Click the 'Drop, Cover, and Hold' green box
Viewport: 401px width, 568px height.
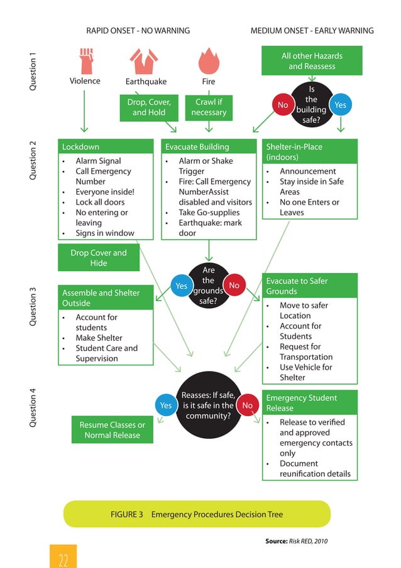click(149, 107)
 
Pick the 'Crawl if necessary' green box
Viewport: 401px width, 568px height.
click(209, 107)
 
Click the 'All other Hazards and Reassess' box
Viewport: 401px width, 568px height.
click(312, 61)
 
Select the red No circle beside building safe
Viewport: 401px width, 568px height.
click(283, 105)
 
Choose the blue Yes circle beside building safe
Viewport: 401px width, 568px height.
click(340, 105)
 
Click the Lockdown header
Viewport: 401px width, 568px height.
click(106, 147)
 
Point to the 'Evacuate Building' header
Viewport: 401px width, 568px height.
click(209, 147)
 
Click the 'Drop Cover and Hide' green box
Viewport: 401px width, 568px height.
click(98, 258)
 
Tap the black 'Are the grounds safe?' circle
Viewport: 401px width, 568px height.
click(208, 286)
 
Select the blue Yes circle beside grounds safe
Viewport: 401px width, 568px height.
click(181, 286)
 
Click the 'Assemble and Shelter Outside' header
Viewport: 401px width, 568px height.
click(106, 297)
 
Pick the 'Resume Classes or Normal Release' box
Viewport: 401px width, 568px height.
click(112, 430)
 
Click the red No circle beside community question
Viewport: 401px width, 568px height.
click(247, 405)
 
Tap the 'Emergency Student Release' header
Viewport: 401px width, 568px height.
click(310, 403)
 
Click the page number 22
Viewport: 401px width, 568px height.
click(63, 558)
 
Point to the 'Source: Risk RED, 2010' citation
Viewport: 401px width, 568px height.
click(297, 540)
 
